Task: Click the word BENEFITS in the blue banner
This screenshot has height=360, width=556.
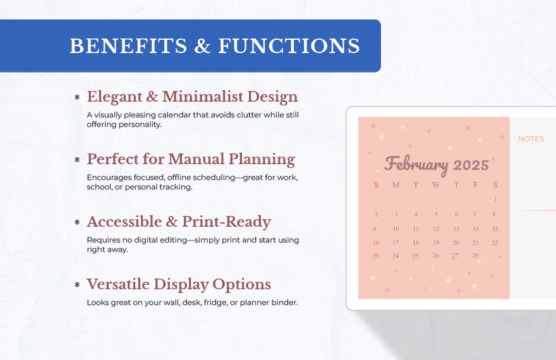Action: (128, 46)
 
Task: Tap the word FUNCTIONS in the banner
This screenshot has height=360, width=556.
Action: (289, 46)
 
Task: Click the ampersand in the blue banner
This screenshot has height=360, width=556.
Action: (202, 46)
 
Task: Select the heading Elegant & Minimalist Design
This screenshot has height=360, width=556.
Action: (192, 97)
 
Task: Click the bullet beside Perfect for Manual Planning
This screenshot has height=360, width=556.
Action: (77, 160)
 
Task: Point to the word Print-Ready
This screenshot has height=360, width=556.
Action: (227, 222)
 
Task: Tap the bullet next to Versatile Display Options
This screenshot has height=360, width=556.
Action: (77, 285)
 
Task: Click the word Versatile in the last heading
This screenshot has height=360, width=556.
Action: (118, 284)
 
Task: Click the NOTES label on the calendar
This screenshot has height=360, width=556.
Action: (531, 139)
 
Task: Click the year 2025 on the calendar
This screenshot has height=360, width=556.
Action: (471, 165)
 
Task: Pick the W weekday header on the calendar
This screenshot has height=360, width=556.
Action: (436, 185)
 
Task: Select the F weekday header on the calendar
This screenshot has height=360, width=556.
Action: (476, 185)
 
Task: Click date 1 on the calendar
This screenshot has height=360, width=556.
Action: (495, 199)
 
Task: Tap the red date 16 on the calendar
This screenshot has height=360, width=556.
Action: (376, 243)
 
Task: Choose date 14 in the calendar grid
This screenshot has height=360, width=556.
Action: (476, 229)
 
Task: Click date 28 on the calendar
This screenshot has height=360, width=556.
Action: (475, 255)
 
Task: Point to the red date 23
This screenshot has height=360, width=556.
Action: (375, 256)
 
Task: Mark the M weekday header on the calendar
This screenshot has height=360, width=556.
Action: (396, 185)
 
